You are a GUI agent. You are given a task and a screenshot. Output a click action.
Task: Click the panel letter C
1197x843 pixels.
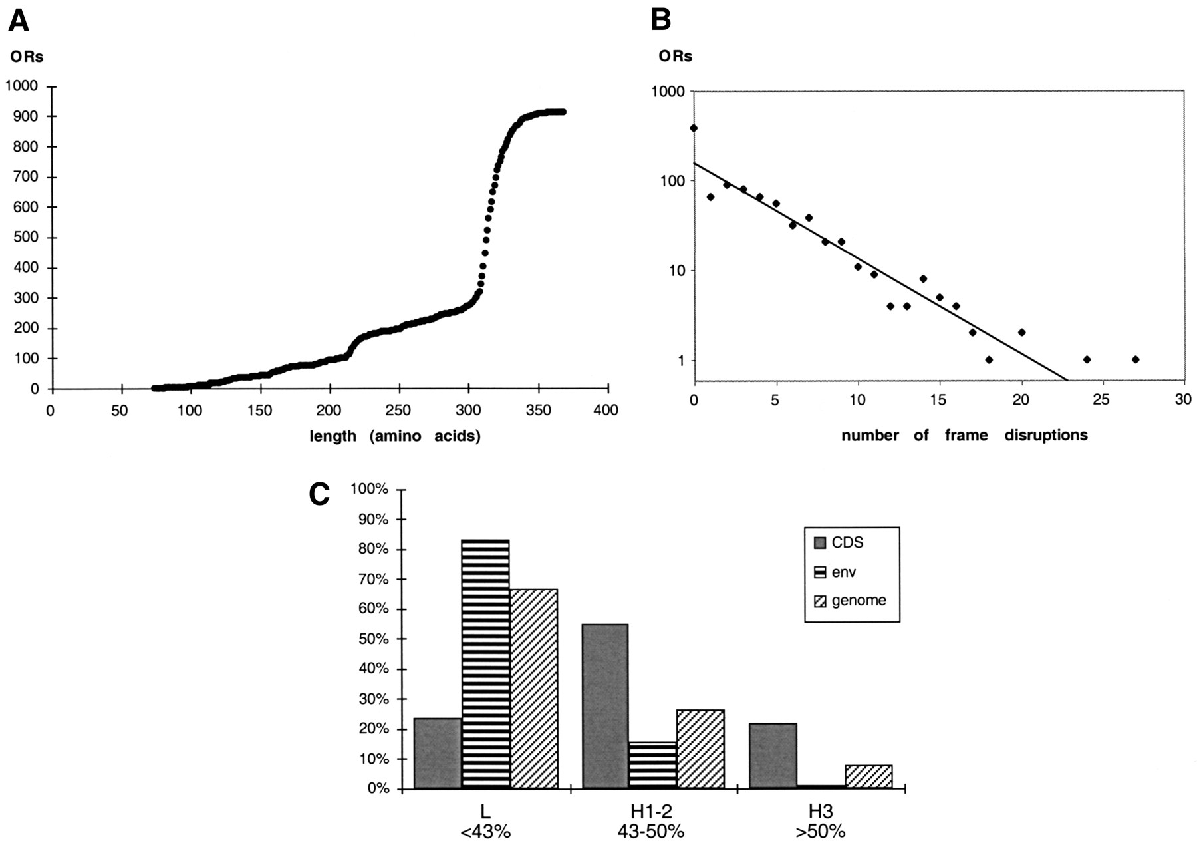[320, 494]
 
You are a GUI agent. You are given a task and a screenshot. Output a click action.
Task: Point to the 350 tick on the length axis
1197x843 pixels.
[539, 410]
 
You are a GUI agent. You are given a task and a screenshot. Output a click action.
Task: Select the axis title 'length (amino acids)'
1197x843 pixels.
[395, 437]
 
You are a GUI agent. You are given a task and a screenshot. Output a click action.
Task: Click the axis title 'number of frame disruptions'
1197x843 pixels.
[964, 436]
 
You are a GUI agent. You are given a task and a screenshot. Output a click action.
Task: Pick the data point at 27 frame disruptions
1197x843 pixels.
[1135, 359]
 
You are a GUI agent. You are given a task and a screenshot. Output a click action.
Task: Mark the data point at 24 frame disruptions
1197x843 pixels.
[1087, 359]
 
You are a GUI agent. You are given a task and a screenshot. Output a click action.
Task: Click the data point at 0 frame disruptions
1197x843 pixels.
[694, 128]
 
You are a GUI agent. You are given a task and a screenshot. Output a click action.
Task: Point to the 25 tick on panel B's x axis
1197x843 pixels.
[1103, 400]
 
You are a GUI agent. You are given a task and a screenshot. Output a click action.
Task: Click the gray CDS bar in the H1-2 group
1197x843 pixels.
[605, 706]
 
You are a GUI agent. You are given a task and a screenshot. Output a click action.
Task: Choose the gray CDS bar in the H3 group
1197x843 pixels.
[773, 756]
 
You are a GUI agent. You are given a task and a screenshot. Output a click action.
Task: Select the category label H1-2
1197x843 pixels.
[652, 812]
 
